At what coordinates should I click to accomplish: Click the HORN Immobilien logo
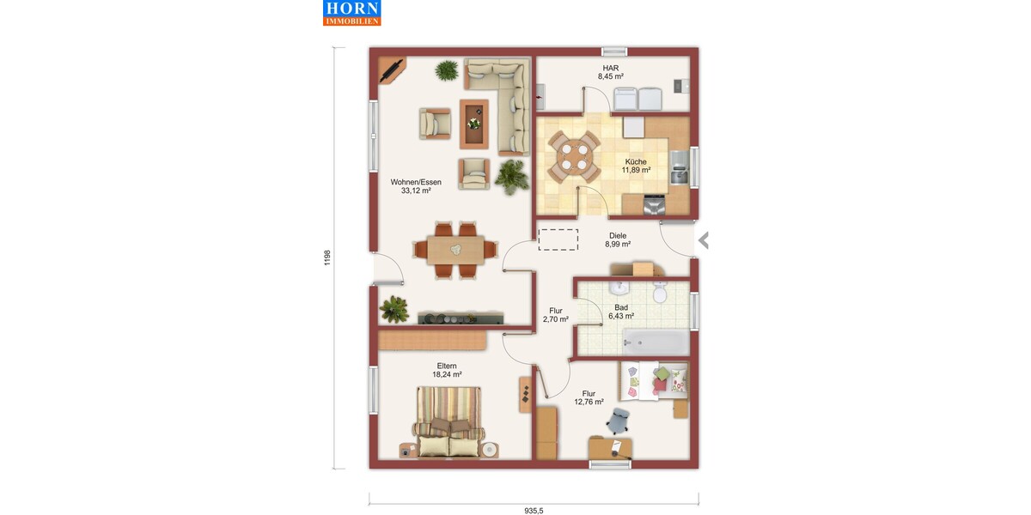351,13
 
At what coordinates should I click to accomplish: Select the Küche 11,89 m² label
636,166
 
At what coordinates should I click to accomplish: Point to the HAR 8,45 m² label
611,72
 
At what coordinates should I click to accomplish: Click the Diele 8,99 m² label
618,240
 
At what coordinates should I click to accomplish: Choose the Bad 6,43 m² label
621,312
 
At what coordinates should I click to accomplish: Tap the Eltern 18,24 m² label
447,370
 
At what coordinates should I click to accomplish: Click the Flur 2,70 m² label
556,315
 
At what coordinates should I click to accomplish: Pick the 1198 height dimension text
327,258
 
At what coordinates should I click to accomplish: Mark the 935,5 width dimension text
534,511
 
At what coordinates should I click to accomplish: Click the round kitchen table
574,157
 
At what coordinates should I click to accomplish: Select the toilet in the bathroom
660,292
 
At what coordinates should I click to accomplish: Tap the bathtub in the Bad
656,342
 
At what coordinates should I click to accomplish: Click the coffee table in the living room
474,124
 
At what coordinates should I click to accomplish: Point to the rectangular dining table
455,250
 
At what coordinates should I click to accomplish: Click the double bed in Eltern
448,422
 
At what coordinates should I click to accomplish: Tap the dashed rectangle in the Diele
558,239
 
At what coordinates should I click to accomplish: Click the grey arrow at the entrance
704,240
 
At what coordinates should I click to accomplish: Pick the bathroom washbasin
619,288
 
